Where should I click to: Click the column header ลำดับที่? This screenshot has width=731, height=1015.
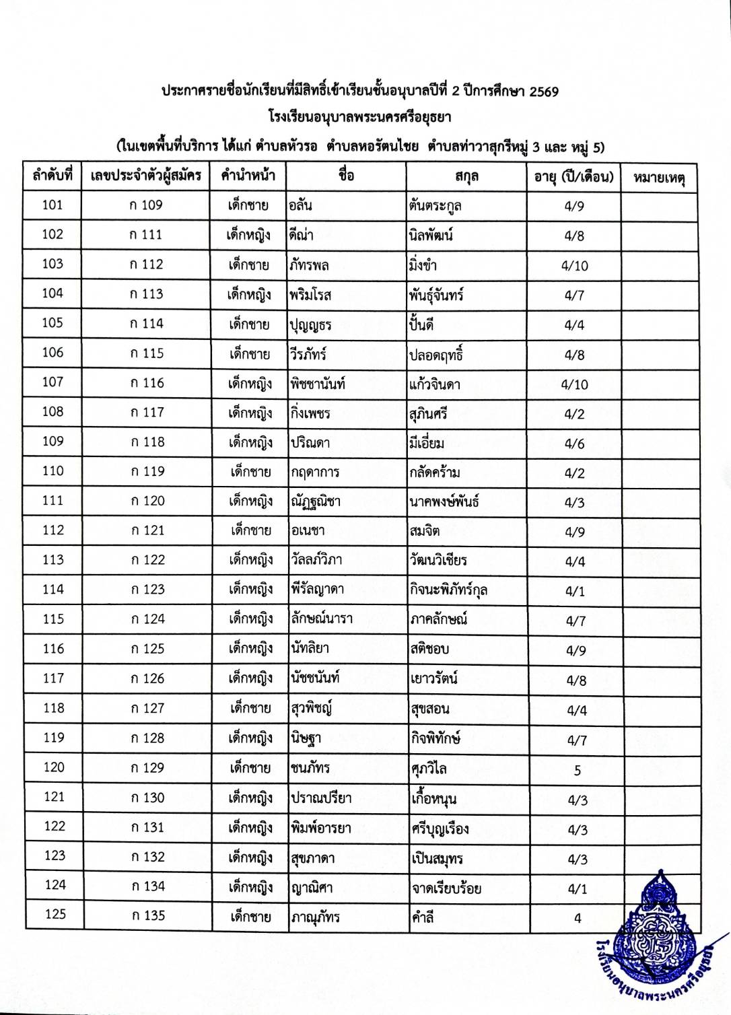coord(53,176)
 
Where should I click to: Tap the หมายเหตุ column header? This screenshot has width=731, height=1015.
coord(659,178)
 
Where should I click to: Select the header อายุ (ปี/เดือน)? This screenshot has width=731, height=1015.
coord(573,177)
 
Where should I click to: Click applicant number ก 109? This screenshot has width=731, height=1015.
coord(146,205)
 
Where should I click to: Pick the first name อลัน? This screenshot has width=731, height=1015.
coord(300,205)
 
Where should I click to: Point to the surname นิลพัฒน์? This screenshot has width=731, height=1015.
coord(431,236)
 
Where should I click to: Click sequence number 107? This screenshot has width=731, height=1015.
coord(53,382)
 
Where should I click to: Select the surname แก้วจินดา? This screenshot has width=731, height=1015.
coord(435,384)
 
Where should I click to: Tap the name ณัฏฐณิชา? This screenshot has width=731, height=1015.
coord(316,501)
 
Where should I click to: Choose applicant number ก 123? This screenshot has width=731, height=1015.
coord(147,590)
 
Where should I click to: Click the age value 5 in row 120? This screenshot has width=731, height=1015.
coord(577,770)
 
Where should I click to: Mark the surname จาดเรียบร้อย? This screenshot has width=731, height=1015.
coord(446,888)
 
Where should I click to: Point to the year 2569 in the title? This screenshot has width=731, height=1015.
coord(543,92)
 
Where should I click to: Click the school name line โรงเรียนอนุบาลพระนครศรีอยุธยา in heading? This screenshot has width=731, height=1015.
coord(359,117)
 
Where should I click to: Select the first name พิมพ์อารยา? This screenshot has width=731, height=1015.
coord(321,829)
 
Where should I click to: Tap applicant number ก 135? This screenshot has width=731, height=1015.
coord(148,915)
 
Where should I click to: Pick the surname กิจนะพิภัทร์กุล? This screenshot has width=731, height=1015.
coord(449,590)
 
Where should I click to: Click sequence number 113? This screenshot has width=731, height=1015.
coord(53,559)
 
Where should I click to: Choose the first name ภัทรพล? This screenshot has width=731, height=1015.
coord(310,265)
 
